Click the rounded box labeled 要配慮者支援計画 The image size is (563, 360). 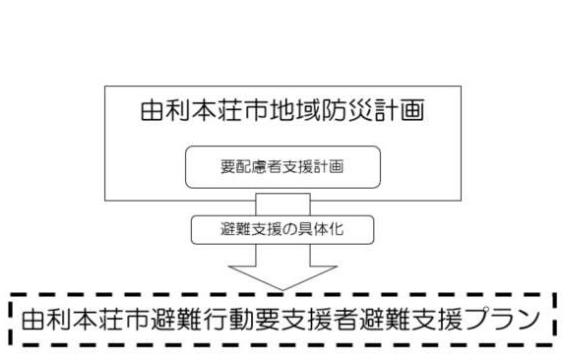tap(282, 167)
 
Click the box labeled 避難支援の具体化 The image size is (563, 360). tap(282, 229)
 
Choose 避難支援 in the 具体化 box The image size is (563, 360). tap(250, 229)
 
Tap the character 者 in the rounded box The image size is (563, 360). tap(282, 167)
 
